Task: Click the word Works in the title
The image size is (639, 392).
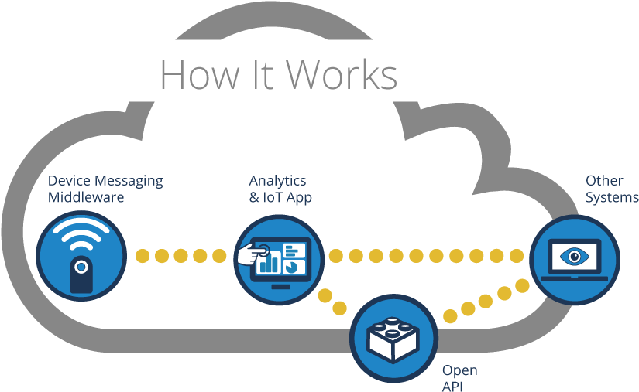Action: coord(342,75)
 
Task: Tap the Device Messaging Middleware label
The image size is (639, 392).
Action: coord(105,189)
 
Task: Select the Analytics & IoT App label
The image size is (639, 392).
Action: coord(280,189)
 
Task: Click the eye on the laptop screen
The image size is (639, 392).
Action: coord(575,256)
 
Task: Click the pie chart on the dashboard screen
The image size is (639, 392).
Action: coord(293,266)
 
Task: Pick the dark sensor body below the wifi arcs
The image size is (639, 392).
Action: coord(81,274)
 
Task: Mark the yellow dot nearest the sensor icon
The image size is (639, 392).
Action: coord(142,255)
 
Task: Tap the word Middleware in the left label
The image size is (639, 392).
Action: coord(86,197)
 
